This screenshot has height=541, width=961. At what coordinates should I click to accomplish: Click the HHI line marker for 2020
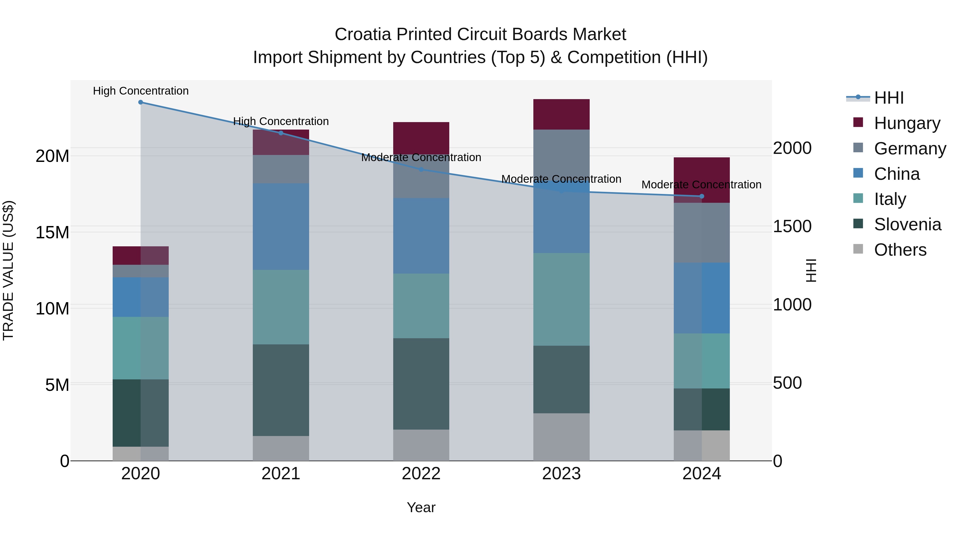(141, 102)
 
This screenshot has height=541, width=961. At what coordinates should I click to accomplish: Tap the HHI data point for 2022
(421, 169)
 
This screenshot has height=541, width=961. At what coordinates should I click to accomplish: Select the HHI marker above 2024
(702, 196)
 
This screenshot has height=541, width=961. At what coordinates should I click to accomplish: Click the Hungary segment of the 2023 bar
(561, 115)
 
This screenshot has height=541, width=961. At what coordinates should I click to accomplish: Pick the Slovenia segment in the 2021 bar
(281, 390)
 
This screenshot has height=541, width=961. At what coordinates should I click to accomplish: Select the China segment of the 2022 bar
(421, 236)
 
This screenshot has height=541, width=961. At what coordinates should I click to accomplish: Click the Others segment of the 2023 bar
(561, 437)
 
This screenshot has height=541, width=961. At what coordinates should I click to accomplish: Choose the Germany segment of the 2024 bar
(702, 233)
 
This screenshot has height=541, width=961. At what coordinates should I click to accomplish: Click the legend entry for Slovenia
(907, 225)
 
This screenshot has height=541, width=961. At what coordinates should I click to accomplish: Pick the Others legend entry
(900, 250)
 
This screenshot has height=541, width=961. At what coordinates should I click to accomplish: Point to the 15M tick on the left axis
(52, 233)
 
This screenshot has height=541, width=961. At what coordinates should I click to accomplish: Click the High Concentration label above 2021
(281, 121)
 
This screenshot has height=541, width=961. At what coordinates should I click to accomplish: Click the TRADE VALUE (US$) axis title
(8, 270)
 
